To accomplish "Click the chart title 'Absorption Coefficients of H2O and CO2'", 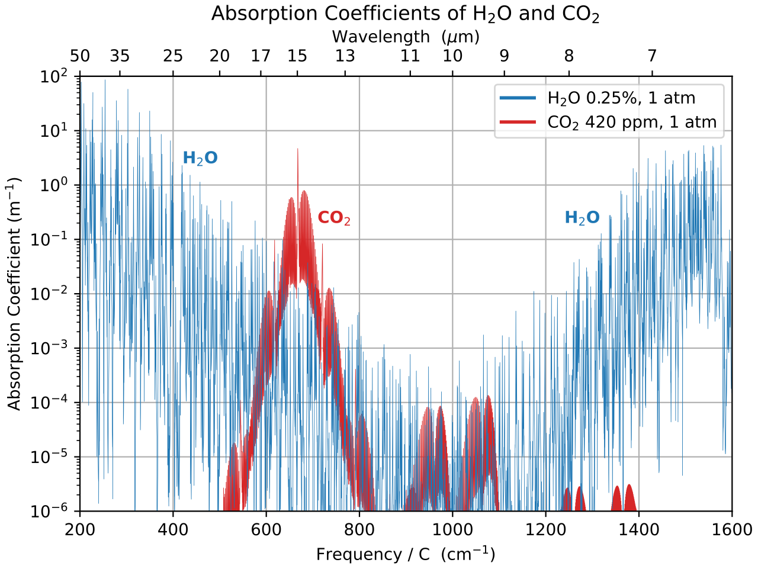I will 405,14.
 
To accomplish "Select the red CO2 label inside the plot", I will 334,218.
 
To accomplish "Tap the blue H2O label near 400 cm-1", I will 200,158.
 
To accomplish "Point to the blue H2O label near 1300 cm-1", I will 582,218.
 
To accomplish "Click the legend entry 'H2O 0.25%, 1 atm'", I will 621,98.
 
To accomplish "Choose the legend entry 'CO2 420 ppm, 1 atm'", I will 631,123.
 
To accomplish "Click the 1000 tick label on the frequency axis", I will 452,529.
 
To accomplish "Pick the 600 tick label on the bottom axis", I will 266,529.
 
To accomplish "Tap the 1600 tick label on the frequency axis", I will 732,529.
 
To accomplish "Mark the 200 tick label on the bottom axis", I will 80,529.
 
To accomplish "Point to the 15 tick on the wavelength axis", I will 297,56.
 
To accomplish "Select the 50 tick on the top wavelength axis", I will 80,56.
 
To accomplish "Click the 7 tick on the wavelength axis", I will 652,56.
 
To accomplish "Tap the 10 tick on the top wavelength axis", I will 452,56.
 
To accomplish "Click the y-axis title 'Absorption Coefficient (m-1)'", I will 14,293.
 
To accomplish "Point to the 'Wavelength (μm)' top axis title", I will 406,37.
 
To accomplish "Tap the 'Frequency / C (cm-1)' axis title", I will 406,554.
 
